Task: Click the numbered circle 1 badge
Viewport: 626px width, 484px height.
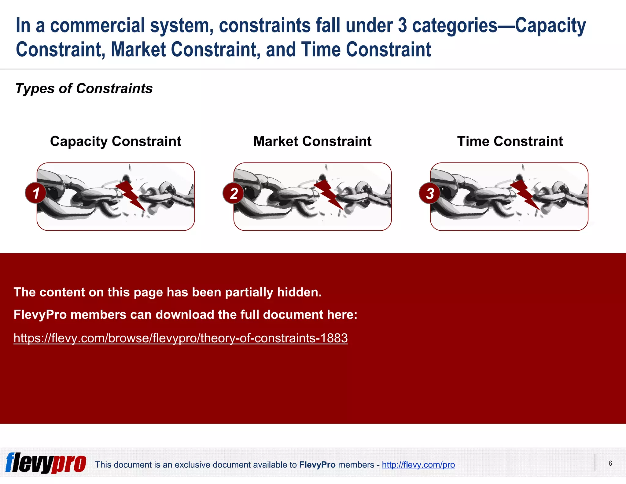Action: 36,193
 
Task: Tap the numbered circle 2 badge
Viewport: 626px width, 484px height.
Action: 234,193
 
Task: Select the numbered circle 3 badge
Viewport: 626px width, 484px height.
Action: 430,193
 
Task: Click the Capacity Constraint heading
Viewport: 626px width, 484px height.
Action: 116,141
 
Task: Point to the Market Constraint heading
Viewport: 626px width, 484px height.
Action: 312,141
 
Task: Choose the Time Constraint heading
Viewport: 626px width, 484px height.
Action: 510,141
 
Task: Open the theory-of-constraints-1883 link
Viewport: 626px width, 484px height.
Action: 180,338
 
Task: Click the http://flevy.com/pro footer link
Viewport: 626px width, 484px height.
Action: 418,465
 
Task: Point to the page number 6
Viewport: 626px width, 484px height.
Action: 610,463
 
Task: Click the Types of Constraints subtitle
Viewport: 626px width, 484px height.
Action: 84,89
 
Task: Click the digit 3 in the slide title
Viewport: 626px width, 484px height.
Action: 403,25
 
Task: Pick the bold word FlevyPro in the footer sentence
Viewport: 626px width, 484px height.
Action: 317,465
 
